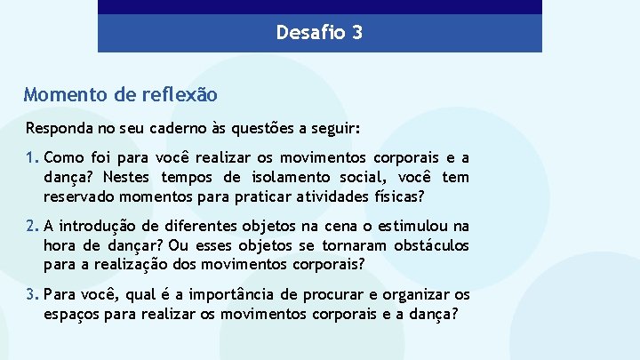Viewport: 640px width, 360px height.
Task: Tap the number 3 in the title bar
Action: (x=356, y=34)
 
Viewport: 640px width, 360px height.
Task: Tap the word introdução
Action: (x=101, y=227)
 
